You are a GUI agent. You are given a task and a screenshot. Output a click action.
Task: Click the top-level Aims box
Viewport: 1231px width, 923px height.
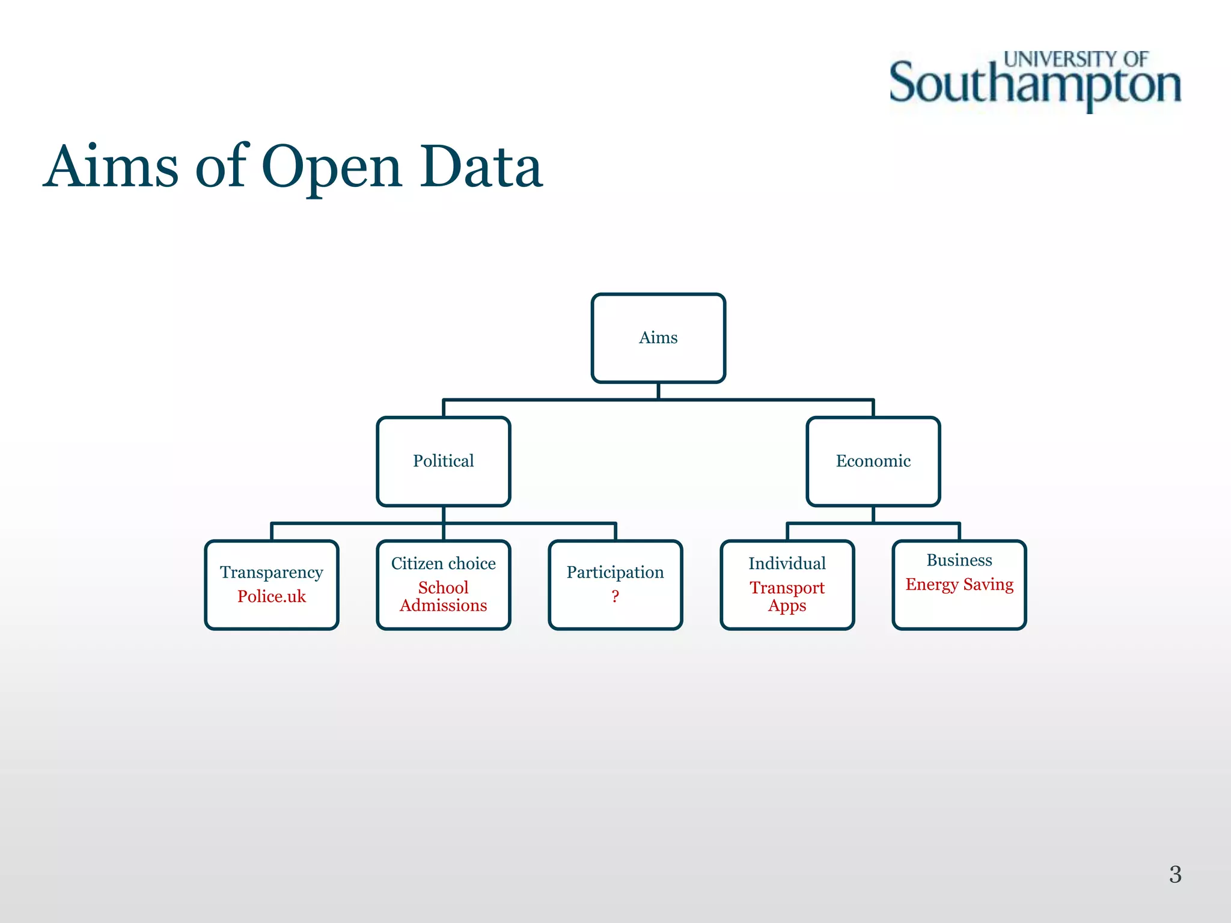[x=658, y=338]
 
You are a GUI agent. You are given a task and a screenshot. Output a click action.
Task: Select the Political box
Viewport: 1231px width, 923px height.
[x=444, y=461]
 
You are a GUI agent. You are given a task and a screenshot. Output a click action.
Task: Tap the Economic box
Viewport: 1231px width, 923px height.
[x=873, y=461]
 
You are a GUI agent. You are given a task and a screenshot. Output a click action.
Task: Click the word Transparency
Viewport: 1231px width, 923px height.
[x=272, y=572]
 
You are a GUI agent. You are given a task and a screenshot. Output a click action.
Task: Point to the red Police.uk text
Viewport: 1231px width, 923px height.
[x=272, y=597]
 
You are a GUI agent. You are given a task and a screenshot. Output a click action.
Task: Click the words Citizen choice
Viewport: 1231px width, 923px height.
[x=444, y=564]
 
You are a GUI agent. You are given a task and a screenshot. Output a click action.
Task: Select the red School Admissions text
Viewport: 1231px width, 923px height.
[x=444, y=597]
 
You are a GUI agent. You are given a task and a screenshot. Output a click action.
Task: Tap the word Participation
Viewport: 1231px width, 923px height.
[x=615, y=572]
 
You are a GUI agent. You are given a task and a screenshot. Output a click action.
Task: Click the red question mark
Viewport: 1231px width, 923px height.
[x=615, y=597]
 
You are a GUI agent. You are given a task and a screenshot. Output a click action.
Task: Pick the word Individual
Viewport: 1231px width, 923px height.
[x=787, y=564]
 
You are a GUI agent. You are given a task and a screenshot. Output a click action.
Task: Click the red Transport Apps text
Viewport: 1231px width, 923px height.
[x=787, y=597]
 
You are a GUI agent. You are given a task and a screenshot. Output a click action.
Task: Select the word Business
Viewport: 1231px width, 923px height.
[x=959, y=560]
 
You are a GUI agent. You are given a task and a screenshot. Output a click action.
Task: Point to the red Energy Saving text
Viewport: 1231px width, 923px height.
[x=959, y=585]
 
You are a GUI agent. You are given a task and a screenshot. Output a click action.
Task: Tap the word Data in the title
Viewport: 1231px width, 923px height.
[x=481, y=167]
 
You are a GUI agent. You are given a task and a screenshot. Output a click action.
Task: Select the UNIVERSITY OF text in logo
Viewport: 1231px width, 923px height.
[x=1076, y=59]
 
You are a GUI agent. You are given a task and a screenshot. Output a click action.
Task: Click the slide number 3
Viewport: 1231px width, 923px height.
[x=1175, y=874]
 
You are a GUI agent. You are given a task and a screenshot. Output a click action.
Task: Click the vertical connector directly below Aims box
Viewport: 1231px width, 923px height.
[x=658, y=391]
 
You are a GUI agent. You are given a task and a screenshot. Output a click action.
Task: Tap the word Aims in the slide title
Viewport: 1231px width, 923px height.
[x=112, y=167]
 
